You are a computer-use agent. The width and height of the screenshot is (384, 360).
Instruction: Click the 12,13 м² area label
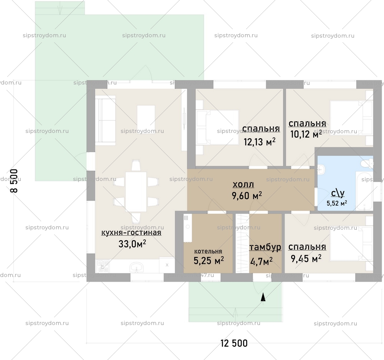[x=260, y=142]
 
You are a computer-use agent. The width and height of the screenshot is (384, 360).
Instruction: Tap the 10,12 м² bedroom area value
[x=306, y=134]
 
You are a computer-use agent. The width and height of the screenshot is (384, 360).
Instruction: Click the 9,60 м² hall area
[x=247, y=196]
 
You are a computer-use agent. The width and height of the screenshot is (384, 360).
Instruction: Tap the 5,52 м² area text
[x=337, y=203]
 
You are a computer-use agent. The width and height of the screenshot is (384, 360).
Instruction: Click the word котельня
[x=208, y=251]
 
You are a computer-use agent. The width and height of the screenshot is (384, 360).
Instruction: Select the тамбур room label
[x=265, y=247]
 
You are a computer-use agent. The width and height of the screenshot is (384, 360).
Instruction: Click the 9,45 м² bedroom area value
[x=306, y=259]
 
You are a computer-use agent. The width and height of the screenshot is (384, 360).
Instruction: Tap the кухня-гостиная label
[x=131, y=232]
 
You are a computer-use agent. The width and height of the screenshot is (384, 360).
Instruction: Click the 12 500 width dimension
[x=234, y=343]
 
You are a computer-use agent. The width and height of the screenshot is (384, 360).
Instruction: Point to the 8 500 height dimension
[x=14, y=181]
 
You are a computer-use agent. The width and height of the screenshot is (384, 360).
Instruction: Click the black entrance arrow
[x=263, y=297]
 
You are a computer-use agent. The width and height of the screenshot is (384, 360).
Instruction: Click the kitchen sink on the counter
[x=137, y=267]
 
